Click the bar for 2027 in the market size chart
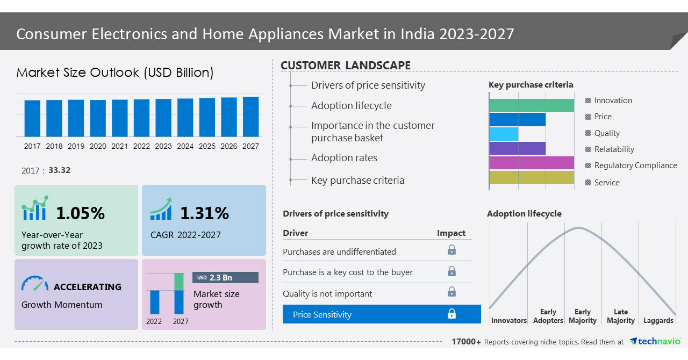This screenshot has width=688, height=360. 250,117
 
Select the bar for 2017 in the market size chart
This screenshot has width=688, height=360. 32,118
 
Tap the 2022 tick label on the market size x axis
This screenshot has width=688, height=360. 141,146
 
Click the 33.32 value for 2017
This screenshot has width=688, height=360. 59,170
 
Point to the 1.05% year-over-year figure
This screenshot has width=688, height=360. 80,213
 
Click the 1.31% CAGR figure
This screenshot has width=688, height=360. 204,213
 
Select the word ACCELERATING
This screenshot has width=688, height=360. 88,287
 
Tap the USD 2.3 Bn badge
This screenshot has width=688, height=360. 225,277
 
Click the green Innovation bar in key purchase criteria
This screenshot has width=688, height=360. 532,105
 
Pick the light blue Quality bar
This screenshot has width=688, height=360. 504,134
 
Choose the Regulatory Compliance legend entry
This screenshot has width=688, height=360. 635,165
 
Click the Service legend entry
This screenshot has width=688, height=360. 606,183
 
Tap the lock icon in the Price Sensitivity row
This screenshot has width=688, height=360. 451,314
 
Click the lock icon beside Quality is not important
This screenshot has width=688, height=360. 451,292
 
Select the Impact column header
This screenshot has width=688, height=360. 451,233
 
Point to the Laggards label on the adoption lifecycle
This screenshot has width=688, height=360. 658,321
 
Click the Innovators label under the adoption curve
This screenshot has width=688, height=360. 508,321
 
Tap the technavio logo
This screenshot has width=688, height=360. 655,341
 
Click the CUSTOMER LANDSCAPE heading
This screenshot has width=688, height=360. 346,66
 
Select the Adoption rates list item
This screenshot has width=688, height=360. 344,158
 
